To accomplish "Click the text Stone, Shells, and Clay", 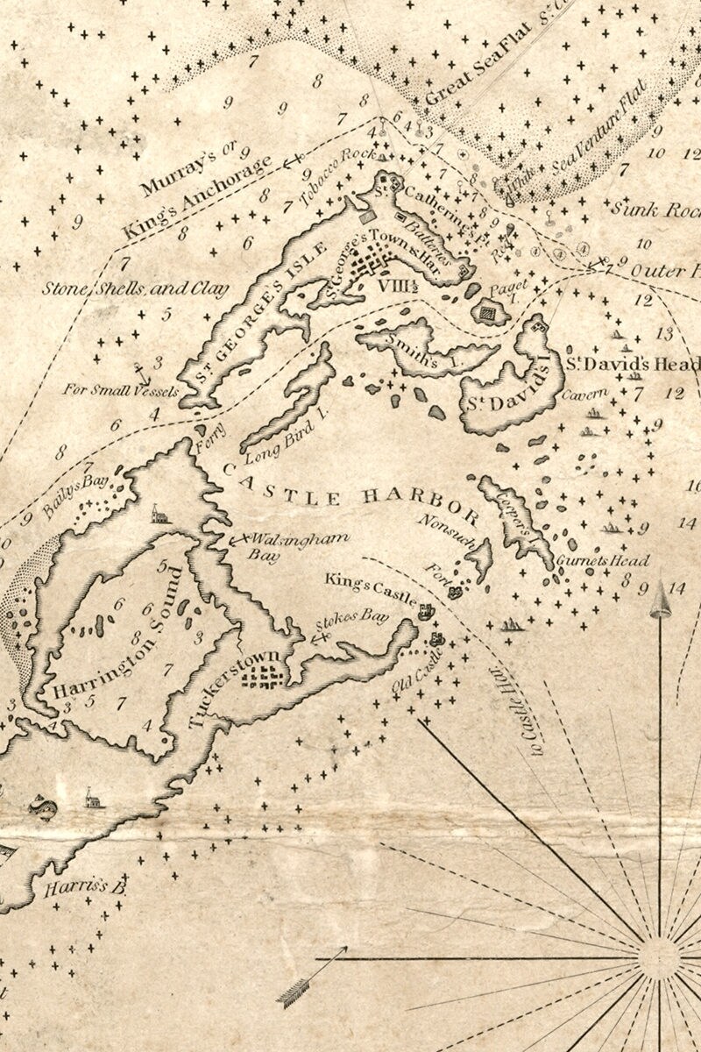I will (136, 288).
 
